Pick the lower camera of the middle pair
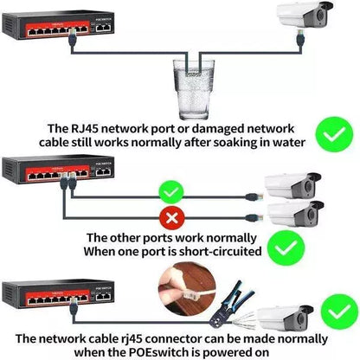point(295,212)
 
